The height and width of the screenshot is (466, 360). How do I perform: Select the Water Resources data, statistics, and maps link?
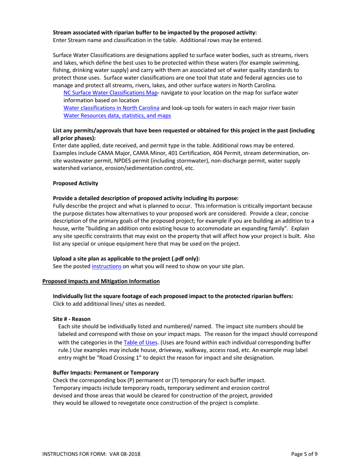click(117, 116)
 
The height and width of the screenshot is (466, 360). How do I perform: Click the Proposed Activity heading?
click(75, 183)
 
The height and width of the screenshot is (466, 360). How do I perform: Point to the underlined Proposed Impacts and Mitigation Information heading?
click(101, 281)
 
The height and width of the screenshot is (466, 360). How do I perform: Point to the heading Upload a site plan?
click(126, 258)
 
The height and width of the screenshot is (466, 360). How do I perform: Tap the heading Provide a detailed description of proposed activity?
click(146, 198)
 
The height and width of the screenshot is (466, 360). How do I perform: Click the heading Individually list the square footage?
click(173, 296)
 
